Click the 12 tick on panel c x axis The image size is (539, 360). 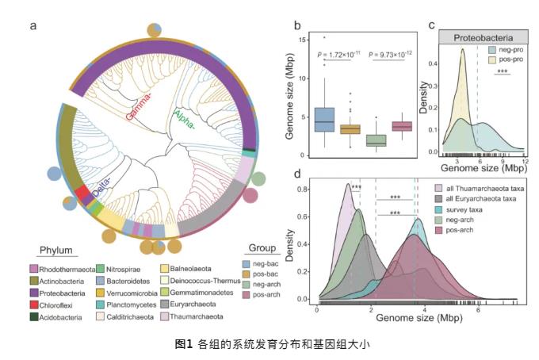coord(525,161)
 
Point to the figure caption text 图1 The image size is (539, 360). coord(183,343)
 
